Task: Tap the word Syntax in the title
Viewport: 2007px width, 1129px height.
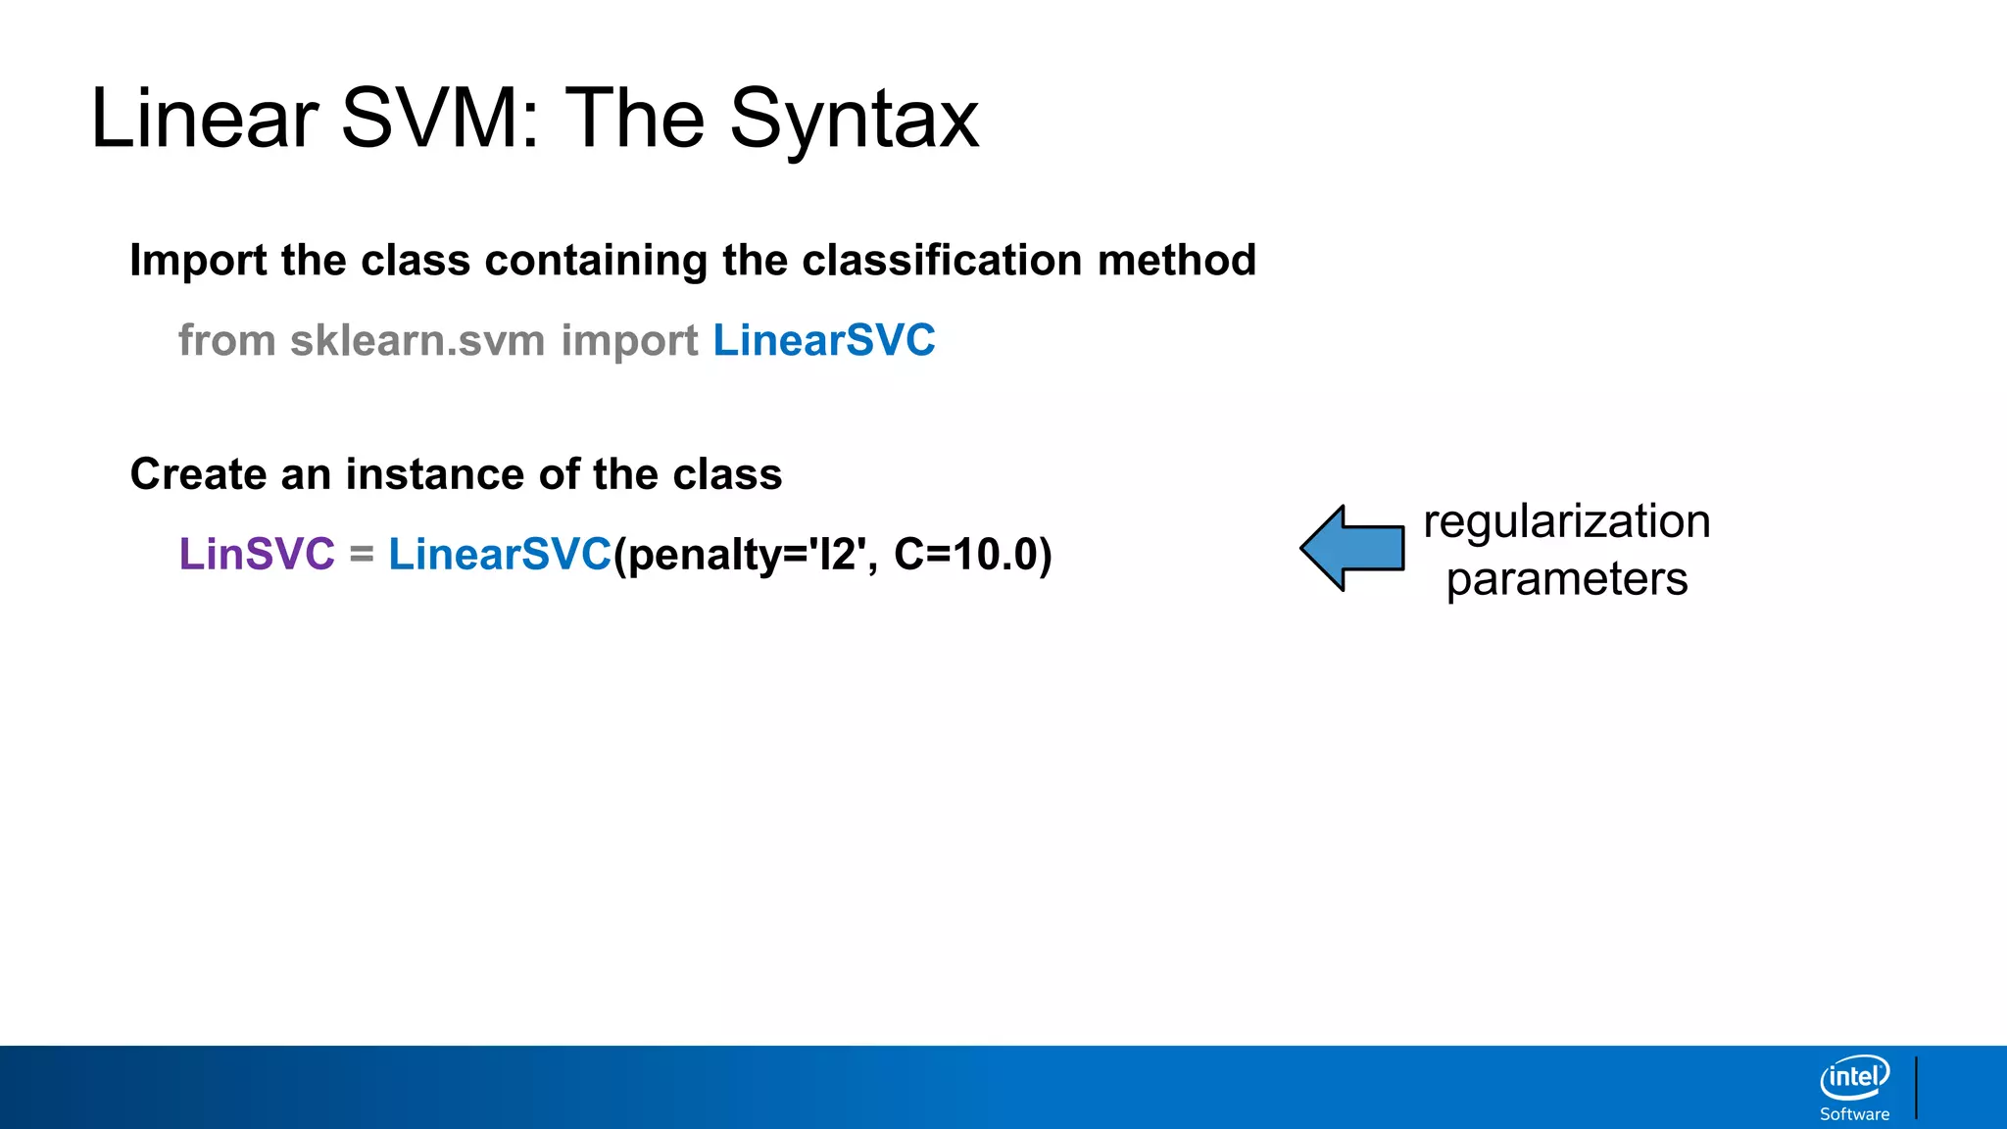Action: (x=853, y=119)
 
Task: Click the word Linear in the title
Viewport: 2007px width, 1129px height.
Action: (x=204, y=119)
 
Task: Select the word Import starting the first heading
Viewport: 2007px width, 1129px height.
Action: (x=198, y=261)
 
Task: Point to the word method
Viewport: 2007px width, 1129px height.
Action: (x=1176, y=261)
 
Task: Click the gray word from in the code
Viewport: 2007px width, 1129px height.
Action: (x=227, y=341)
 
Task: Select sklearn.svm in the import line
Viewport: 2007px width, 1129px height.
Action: (x=417, y=341)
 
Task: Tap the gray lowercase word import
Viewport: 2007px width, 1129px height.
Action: (x=629, y=341)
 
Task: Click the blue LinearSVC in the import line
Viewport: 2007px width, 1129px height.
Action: (x=823, y=341)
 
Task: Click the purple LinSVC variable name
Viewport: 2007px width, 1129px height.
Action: (x=257, y=555)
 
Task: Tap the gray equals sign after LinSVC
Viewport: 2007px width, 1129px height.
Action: (x=362, y=555)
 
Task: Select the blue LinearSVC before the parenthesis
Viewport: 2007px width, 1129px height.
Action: (x=500, y=555)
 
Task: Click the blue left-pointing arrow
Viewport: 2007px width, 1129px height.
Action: (x=1352, y=549)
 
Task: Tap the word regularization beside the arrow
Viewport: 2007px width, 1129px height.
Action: (x=1566, y=521)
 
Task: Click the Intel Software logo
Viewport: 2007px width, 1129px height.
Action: (x=1854, y=1088)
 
